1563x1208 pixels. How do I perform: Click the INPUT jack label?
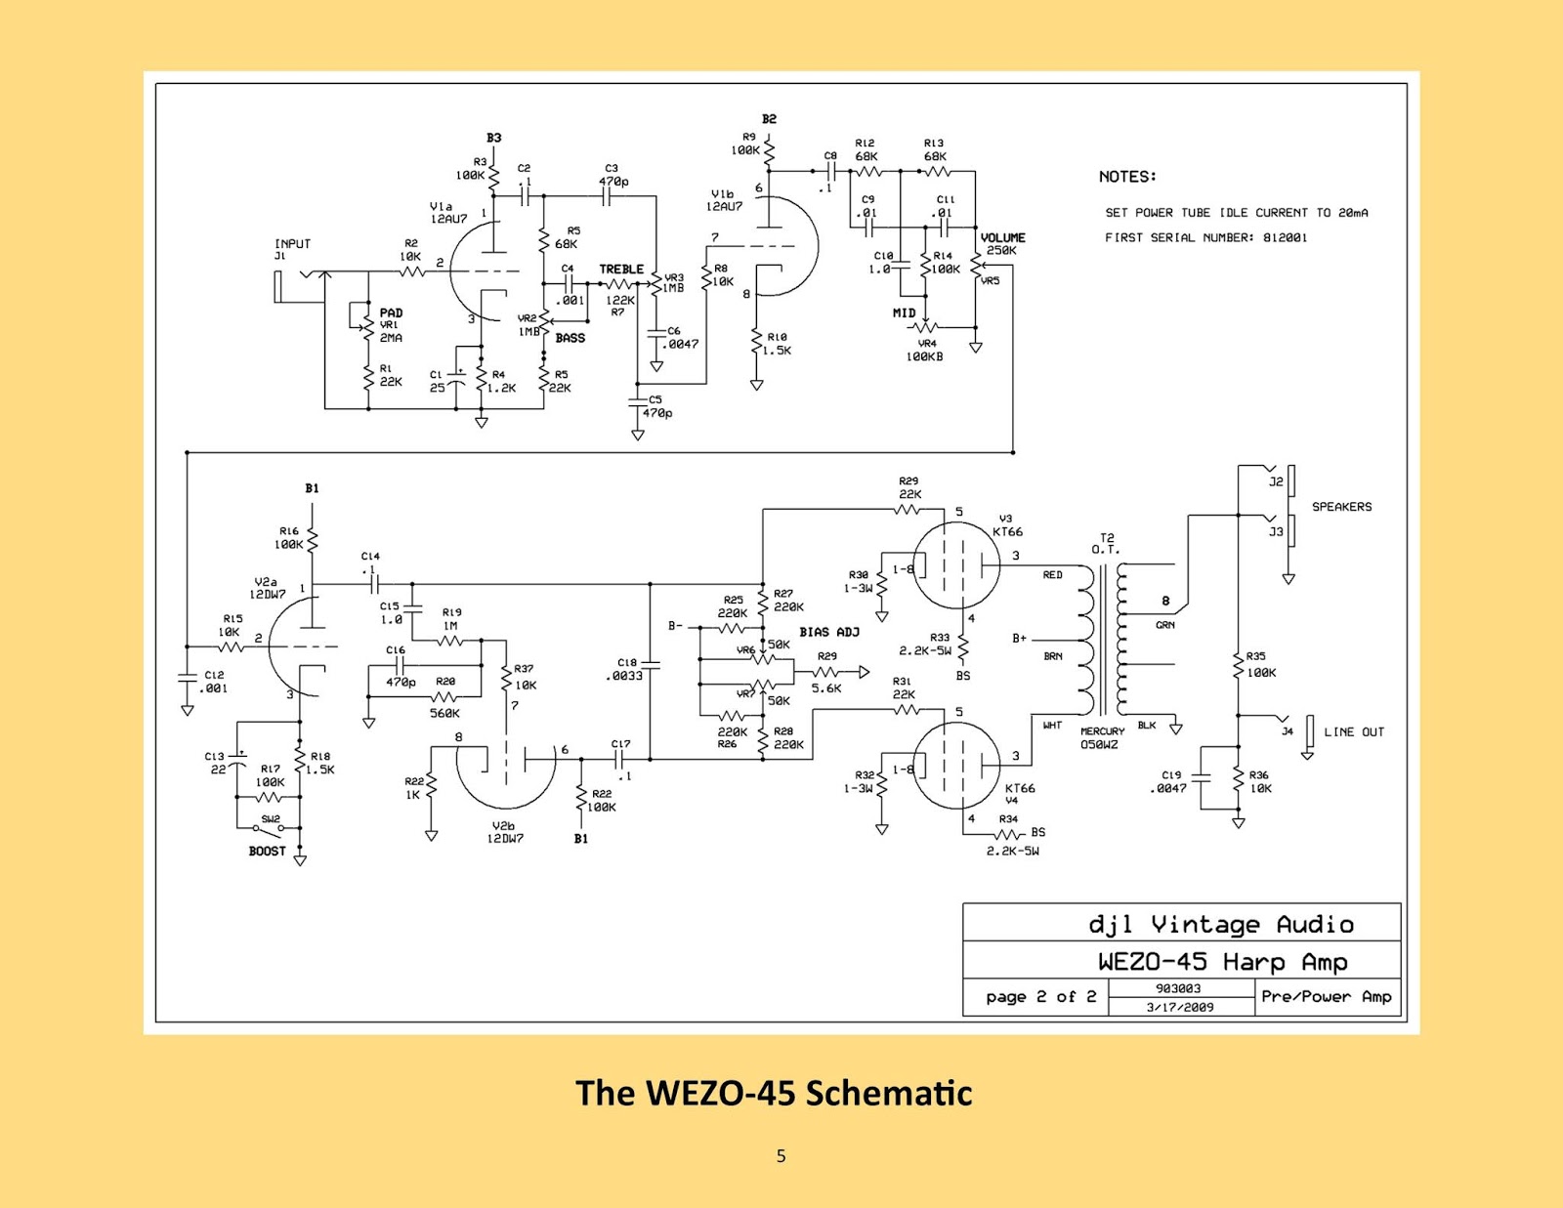coord(292,244)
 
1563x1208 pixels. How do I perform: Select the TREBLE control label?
coord(621,270)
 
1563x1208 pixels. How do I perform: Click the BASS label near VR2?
coord(570,338)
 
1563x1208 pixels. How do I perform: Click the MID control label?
coord(904,313)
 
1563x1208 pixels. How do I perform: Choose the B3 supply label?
coord(493,138)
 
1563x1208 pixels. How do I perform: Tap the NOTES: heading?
coord(1127,177)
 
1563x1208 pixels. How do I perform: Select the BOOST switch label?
coord(267,852)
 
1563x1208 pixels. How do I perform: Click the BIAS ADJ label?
coord(829,632)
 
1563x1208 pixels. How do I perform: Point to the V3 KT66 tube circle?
coord(956,566)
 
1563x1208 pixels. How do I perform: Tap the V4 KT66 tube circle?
coord(956,766)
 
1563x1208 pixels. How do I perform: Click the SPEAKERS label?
coord(1341,507)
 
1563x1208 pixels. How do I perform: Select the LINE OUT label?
coord(1354,731)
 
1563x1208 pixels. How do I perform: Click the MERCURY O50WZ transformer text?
coord(1101,738)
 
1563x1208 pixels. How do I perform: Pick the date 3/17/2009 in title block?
coord(1180,1007)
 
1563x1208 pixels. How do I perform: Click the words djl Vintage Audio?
coord(1220,924)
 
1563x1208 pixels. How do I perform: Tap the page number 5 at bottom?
coord(781,1156)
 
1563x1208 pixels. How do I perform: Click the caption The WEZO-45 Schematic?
coord(774,1093)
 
